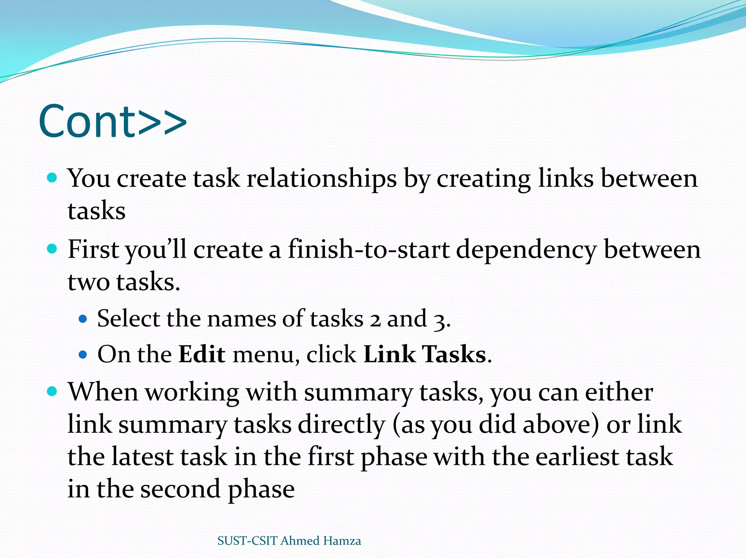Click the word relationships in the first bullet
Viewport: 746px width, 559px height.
321,179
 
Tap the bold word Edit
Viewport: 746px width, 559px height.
202,354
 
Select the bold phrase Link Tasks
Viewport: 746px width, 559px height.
425,354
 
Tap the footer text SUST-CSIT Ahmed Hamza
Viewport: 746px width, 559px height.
289,541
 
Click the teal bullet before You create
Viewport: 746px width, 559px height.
52,178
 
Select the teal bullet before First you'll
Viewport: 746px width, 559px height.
52,249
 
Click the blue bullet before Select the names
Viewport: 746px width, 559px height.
83,319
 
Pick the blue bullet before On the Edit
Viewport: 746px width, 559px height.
83,354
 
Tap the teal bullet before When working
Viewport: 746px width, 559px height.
52,392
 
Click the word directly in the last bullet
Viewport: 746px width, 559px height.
341,425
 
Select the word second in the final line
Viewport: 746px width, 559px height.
180,489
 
